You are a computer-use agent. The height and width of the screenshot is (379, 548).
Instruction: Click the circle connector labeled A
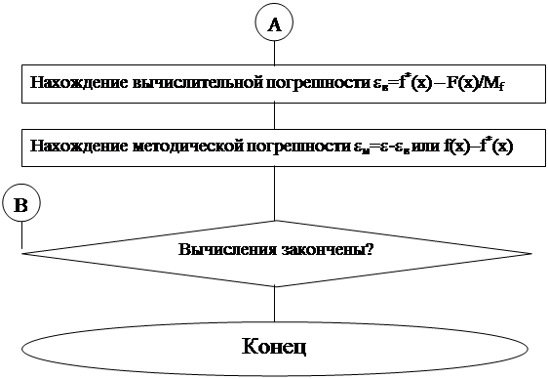point(274,25)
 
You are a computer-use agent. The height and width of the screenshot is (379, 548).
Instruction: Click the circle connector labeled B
point(21,205)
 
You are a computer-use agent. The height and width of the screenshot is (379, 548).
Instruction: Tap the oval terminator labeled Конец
point(274,347)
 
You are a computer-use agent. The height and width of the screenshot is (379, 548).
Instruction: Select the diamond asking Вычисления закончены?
point(275,250)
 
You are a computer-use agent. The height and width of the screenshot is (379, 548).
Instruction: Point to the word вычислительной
point(193,84)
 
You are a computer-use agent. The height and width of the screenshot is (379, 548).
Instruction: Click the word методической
point(182,147)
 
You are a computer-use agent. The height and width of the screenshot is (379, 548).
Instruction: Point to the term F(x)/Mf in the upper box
point(476,84)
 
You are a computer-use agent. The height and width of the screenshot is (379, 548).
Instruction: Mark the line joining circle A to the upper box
point(274,53)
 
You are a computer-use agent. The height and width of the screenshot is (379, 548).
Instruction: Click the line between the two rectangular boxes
point(274,115)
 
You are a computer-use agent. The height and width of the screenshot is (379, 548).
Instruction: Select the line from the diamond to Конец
point(274,301)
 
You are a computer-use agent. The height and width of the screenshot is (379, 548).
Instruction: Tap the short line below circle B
point(21,235)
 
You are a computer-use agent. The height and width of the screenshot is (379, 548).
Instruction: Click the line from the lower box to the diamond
point(274,190)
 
